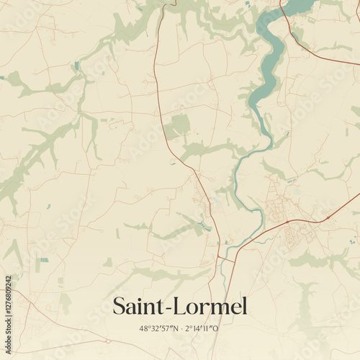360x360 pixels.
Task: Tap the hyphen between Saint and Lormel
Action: pyautogui.click(x=168, y=309)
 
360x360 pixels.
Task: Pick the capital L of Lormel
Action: pyautogui.click(x=179, y=307)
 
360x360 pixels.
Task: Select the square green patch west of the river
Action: pyautogui.click(x=176, y=127)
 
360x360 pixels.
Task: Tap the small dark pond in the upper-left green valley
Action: pyautogui.click(x=76, y=66)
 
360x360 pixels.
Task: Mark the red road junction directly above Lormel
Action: pyautogui.click(x=218, y=256)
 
